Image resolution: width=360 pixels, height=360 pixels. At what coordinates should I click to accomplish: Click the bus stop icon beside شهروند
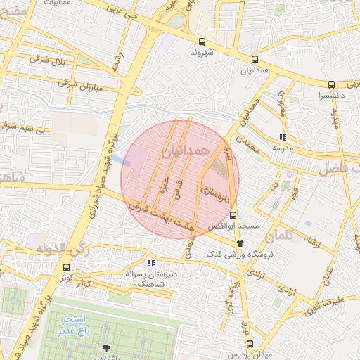coord(202,41)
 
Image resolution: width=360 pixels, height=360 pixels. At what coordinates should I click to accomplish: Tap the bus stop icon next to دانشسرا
coord(331,84)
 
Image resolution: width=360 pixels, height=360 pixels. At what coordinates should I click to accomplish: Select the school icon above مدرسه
coord(283,138)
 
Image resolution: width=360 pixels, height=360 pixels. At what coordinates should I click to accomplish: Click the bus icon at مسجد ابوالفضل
coord(233,216)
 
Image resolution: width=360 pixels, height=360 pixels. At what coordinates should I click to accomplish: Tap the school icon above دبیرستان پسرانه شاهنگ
coord(152,264)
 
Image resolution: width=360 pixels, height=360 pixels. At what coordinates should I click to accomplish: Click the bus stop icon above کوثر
coord(67,267)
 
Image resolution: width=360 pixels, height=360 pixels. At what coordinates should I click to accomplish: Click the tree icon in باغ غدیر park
coord(106,347)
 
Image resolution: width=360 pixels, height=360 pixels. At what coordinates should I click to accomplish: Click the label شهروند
coord(202,53)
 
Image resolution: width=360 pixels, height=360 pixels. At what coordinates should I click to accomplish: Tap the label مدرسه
coord(282,148)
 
